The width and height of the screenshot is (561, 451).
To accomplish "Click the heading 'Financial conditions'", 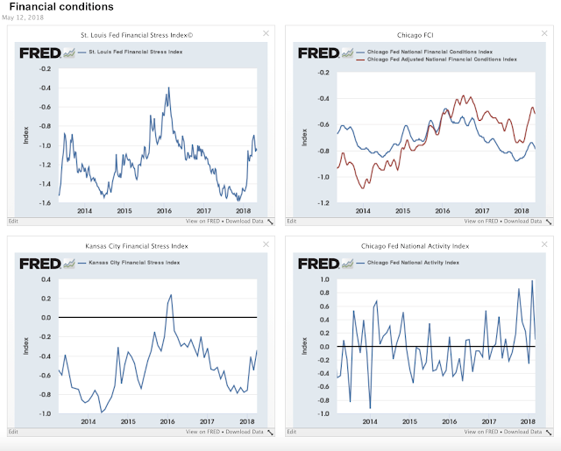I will click(x=61, y=7).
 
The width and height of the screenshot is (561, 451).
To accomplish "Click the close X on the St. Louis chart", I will click(x=266, y=33).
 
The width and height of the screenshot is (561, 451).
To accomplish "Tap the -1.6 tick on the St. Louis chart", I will click(x=42, y=202).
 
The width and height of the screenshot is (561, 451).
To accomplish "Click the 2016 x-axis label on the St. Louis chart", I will click(x=164, y=212).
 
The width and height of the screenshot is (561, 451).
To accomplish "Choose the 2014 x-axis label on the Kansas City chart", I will click(x=85, y=421).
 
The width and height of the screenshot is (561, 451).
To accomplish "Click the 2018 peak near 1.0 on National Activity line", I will click(x=532, y=281).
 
